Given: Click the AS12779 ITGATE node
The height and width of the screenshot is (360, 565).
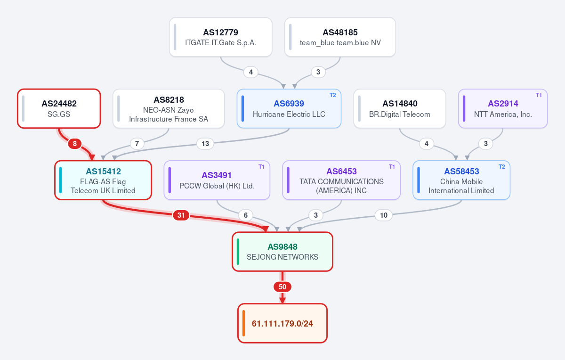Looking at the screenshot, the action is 221,37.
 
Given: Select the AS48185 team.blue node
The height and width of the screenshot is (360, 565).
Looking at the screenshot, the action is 340,37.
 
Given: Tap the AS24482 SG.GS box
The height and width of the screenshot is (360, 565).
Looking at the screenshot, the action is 59,108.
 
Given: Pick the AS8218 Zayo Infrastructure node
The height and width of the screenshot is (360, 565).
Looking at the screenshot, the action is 169,108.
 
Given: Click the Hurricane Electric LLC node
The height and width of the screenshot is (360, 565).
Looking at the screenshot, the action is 289,108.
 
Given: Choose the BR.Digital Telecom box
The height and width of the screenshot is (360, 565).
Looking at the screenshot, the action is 400,108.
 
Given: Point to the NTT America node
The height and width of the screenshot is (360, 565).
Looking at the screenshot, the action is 503,108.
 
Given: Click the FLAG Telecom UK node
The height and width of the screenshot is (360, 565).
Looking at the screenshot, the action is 103,180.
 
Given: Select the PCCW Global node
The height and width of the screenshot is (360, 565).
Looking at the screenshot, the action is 217,180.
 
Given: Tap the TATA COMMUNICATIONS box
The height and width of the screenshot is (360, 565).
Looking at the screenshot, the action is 341,180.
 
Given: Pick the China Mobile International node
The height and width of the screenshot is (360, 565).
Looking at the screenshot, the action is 461,180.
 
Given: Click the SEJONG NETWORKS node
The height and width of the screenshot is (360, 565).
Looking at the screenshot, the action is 282,252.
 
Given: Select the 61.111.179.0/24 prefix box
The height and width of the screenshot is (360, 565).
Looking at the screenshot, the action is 282,323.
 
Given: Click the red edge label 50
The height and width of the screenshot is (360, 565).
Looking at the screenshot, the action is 282,287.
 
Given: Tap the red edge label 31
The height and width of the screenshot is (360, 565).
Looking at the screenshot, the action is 181,215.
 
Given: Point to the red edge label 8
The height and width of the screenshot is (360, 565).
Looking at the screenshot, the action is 75,144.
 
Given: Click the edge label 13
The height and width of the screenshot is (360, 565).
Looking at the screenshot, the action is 205,144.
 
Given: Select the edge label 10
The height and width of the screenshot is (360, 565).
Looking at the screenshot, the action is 384,215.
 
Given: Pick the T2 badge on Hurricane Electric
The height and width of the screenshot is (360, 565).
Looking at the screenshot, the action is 333,95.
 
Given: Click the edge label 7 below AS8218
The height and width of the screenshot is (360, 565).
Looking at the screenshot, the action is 137,144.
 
